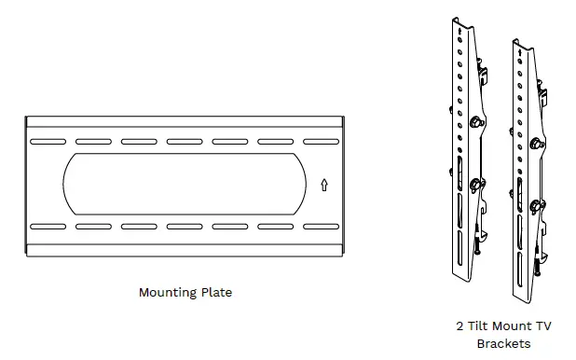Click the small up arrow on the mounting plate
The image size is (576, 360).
[x=323, y=185]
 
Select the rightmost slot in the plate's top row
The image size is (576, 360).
[x=322, y=142]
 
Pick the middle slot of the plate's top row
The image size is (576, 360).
[x=185, y=142]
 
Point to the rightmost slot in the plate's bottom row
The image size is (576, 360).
[x=322, y=227]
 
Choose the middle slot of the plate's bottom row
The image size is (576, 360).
[x=185, y=227]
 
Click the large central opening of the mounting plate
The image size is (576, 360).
[x=185, y=184]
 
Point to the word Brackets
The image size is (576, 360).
[x=503, y=343]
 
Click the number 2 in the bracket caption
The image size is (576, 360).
[x=459, y=326]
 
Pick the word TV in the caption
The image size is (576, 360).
[x=542, y=326]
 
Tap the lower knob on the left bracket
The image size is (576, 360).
[x=477, y=184]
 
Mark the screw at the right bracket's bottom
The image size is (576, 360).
[x=538, y=267]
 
